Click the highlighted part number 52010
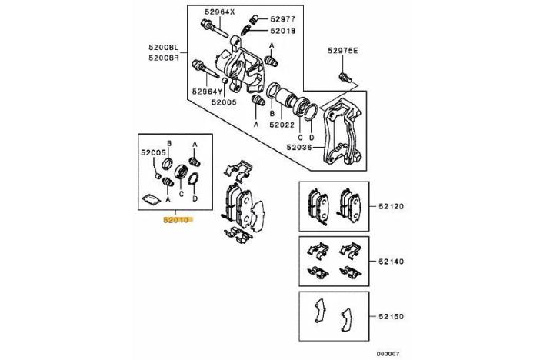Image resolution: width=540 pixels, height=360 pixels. click(176, 219)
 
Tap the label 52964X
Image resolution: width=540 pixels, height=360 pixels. click(219, 12)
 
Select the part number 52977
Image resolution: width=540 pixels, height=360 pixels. click(282, 19)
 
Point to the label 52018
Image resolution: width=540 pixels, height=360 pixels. click(282, 31)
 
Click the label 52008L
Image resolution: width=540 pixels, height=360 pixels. click(164, 47)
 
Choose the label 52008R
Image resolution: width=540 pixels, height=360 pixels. click(164, 58)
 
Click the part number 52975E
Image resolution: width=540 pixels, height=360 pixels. click(342, 51)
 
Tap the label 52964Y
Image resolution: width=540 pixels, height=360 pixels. click(208, 92)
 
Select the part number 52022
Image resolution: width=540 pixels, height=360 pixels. click(282, 125)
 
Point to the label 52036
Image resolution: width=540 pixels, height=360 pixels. click(299, 148)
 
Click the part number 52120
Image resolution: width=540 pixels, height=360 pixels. click(391, 206)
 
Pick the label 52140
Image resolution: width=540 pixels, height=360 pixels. click(391, 262)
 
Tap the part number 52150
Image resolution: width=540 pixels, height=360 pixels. click(391, 316)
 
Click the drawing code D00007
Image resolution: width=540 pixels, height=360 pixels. click(388, 353)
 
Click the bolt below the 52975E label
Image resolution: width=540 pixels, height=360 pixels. click(345, 78)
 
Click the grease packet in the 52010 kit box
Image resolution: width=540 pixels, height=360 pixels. click(152, 198)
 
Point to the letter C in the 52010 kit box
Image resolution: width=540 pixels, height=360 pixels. click(182, 194)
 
